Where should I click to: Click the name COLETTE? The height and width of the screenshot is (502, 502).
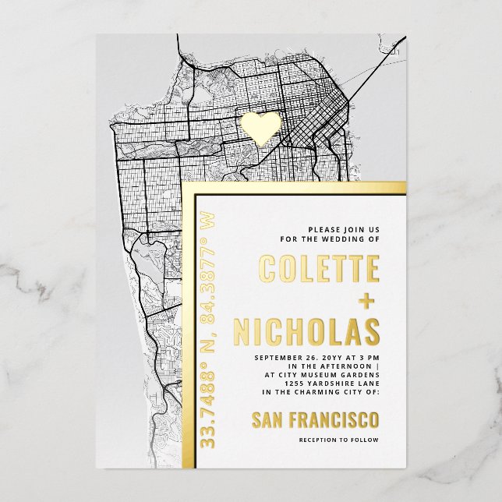pyautogui.click(x=319, y=269)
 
